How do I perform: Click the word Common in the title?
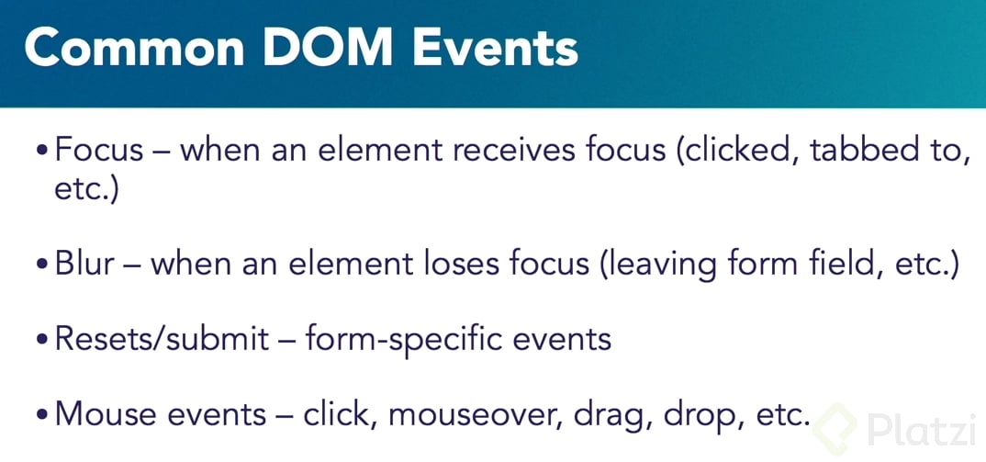point(134,48)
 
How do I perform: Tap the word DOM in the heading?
point(329,48)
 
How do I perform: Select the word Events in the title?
point(495,48)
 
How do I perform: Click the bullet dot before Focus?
point(41,153)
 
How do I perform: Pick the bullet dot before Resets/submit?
point(41,340)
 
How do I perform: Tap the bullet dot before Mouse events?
point(41,415)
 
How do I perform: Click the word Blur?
point(84,264)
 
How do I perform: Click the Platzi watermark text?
point(921,429)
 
